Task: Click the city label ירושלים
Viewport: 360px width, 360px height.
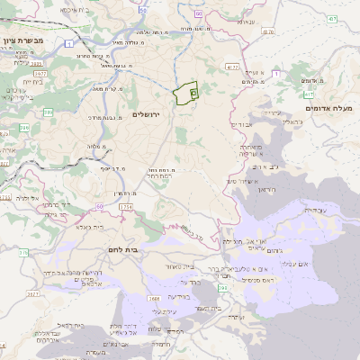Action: (x=150, y=115)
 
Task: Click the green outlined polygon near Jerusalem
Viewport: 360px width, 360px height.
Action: (x=186, y=94)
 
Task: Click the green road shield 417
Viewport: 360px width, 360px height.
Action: (x=309, y=94)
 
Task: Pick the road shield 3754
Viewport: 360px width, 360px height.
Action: (x=125, y=208)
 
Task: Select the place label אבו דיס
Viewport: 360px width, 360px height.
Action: (x=262, y=166)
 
